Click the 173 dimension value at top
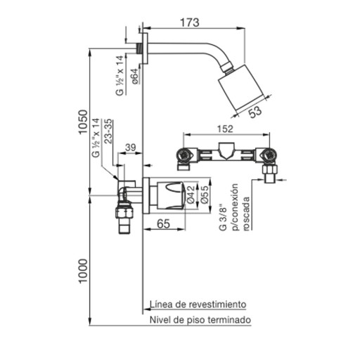[190, 22]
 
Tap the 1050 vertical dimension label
[83, 122]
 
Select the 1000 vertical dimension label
[83, 271]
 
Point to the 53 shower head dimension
[255, 112]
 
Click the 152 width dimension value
[225, 129]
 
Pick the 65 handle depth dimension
[163, 224]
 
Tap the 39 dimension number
[130, 148]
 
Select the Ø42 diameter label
[191, 194]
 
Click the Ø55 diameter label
[205, 195]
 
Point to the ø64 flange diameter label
[135, 76]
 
